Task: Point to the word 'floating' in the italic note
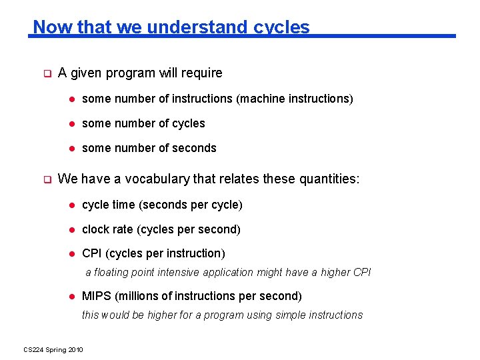(x=114, y=272)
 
